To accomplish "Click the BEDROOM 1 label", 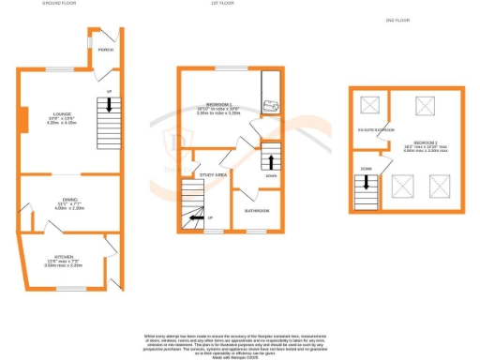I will pyautogui.click(x=219, y=105).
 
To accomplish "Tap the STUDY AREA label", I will pyautogui.click(x=214, y=173).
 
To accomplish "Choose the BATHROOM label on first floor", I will pyautogui.click(x=258, y=211).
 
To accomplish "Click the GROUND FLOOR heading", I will pyautogui.click(x=58, y=5).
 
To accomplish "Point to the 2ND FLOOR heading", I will pyautogui.click(x=397, y=20).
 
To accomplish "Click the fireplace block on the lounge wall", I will pyautogui.click(x=19, y=119).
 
